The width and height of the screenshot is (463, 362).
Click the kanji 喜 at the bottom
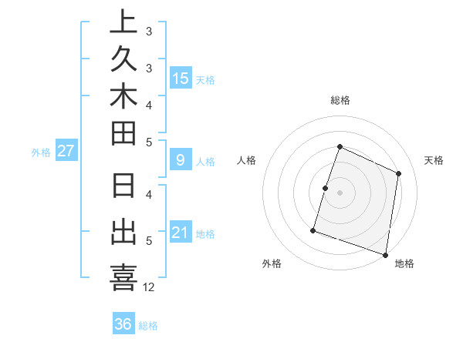coord(124,277)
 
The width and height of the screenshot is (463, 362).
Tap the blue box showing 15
coord(181,78)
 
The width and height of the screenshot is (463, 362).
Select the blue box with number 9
coord(181,160)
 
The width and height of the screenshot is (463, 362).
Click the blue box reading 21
coord(181,233)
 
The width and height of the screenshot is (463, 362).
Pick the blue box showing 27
coord(66,151)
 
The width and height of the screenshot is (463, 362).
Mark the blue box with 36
coord(123,324)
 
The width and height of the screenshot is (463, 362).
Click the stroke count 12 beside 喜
coord(149,287)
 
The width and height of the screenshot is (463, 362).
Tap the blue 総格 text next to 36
coord(148,326)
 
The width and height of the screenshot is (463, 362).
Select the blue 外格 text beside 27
coord(41,153)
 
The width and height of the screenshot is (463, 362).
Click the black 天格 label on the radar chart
coord(434,160)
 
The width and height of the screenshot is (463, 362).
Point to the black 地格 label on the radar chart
coord(404,263)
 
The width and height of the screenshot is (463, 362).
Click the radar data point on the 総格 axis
coord(340,147)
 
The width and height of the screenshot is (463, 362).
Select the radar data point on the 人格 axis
coord(326,188)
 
